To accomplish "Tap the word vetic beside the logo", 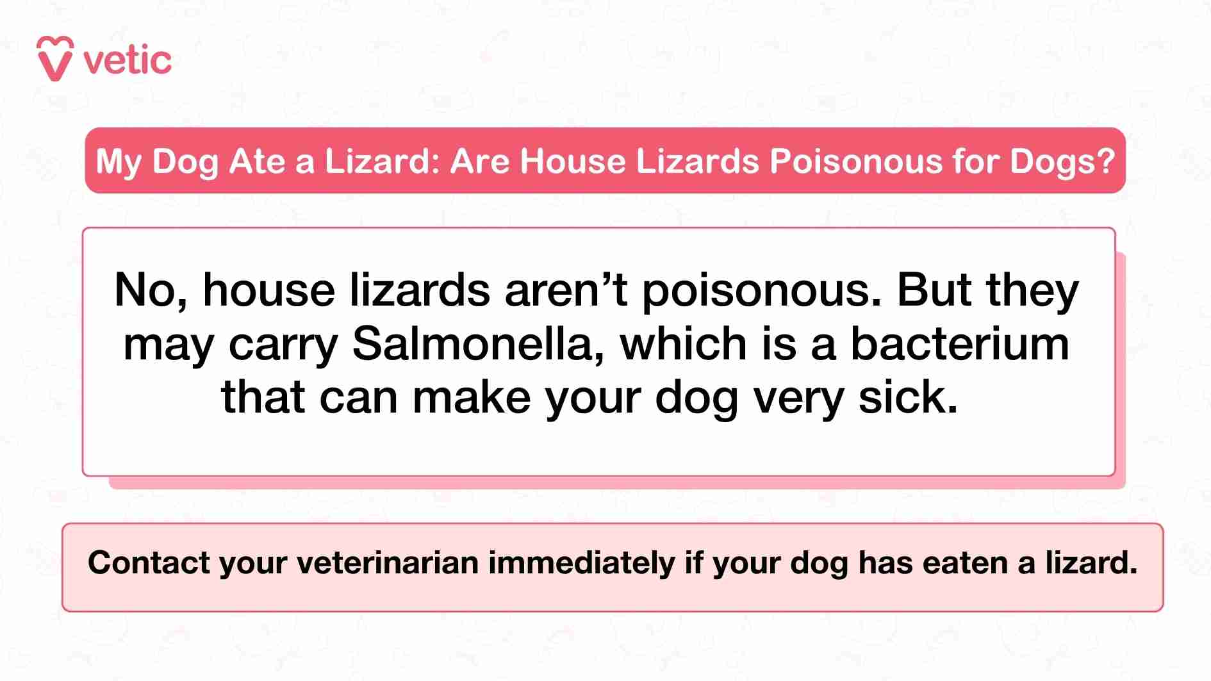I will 128,61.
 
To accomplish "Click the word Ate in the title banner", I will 256,161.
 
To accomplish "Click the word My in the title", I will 119,162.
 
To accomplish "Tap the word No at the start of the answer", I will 149,291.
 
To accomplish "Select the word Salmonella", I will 477,344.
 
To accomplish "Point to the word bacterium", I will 959,344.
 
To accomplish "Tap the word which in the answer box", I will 684,344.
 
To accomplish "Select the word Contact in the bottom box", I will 149,563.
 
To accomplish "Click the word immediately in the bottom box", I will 582,563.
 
